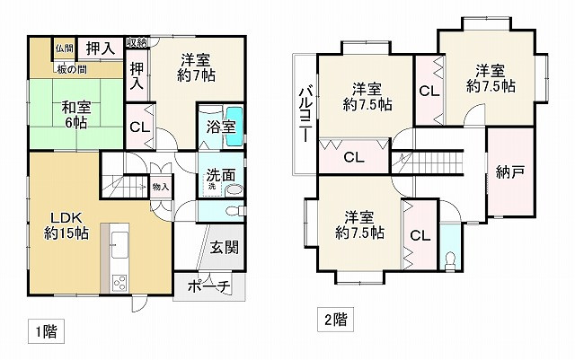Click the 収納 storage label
(137, 43)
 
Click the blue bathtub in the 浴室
(234, 127)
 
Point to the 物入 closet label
(160, 187)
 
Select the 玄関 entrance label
(224, 246)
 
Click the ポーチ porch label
(209, 287)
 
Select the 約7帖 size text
(196, 76)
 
